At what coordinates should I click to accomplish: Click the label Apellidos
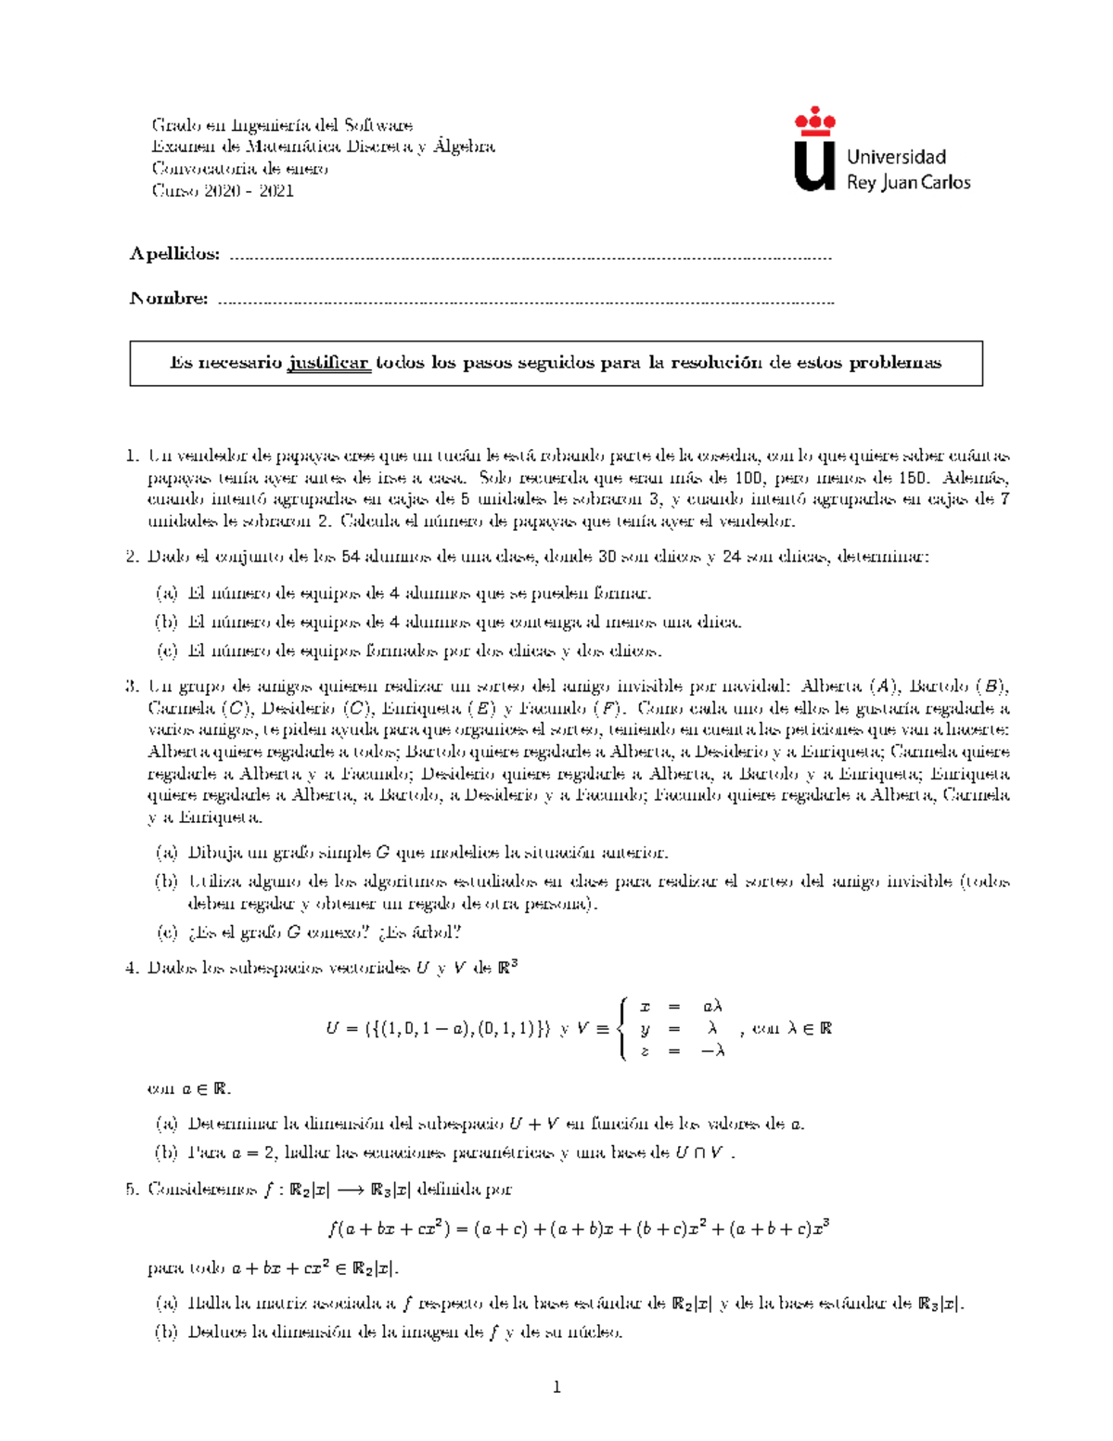[174, 254]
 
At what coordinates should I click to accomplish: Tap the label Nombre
[168, 298]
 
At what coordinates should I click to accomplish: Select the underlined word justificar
[329, 363]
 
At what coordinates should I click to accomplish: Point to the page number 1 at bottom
[556, 1388]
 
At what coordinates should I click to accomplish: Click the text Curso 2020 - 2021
[223, 191]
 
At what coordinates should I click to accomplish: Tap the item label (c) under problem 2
[166, 651]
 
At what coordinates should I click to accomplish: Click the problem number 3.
[130, 687]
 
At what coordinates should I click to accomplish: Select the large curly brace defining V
[623, 1028]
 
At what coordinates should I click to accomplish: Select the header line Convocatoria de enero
[239, 169]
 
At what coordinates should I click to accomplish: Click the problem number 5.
[130, 1190]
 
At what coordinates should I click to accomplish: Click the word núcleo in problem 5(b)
[595, 1332]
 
